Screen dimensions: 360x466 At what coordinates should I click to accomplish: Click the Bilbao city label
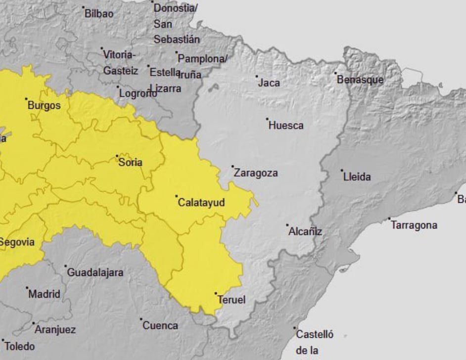click(99, 14)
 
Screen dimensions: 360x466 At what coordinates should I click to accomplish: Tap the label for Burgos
click(44, 105)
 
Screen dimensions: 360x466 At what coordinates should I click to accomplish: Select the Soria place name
click(131, 162)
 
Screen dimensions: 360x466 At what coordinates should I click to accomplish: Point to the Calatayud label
click(201, 203)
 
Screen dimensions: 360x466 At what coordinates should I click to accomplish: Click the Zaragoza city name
click(256, 173)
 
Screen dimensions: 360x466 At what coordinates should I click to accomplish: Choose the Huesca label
click(286, 126)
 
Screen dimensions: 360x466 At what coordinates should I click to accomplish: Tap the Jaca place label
click(269, 83)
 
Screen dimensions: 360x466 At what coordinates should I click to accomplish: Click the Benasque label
click(360, 80)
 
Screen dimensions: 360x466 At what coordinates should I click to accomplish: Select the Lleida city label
click(357, 177)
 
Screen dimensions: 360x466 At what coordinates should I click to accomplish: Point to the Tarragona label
click(414, 225)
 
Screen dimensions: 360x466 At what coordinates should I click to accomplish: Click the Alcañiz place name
click(305, 231)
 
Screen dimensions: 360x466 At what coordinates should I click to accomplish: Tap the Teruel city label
click(232, 300)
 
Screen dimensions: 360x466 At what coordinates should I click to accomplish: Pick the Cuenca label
click(160, 325)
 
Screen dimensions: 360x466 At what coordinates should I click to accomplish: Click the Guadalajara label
click(95, 272)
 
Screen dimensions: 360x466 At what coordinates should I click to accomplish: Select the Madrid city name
click(44, 294)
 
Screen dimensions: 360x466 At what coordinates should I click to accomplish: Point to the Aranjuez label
click(55, 329)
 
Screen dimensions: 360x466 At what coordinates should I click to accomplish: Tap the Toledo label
click(20, 346)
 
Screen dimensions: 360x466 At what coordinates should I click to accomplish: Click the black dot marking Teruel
click(216, 293)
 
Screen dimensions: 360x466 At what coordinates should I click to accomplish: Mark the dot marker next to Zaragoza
click(233, 167)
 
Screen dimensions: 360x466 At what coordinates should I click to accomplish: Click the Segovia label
click(17, 242)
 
